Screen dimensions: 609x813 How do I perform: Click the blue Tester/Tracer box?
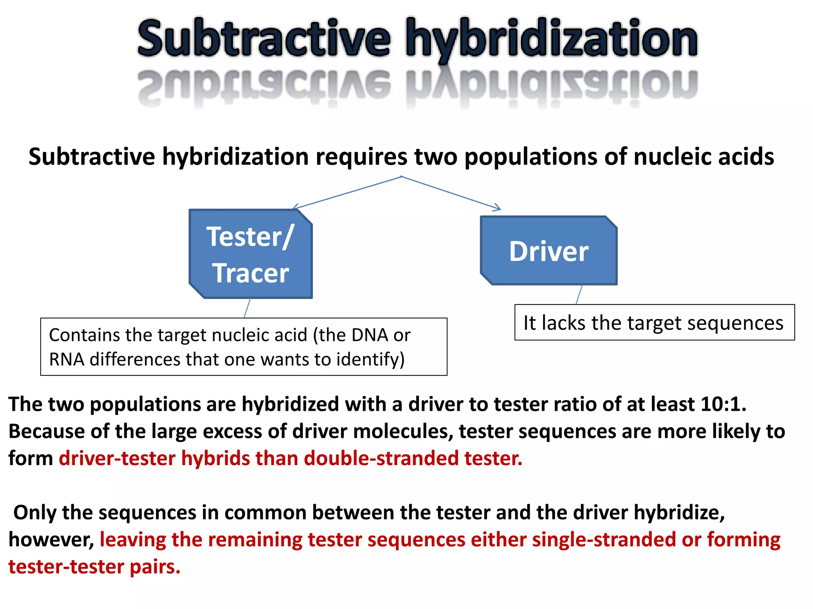tap(250, 254)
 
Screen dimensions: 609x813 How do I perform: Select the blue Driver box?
tap(549, 251)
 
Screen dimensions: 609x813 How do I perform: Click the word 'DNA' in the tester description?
tap(368, 335)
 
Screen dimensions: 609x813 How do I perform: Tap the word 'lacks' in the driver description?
tap(564, 323)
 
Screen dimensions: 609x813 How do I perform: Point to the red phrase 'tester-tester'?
tap(66, 567)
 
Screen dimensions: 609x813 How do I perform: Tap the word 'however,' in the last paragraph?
tap(51, 540)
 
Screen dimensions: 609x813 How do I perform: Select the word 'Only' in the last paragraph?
tap(35, 512)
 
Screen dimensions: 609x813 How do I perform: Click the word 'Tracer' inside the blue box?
tap(250, 273)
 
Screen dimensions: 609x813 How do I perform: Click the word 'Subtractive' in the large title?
tap(264, 39)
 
